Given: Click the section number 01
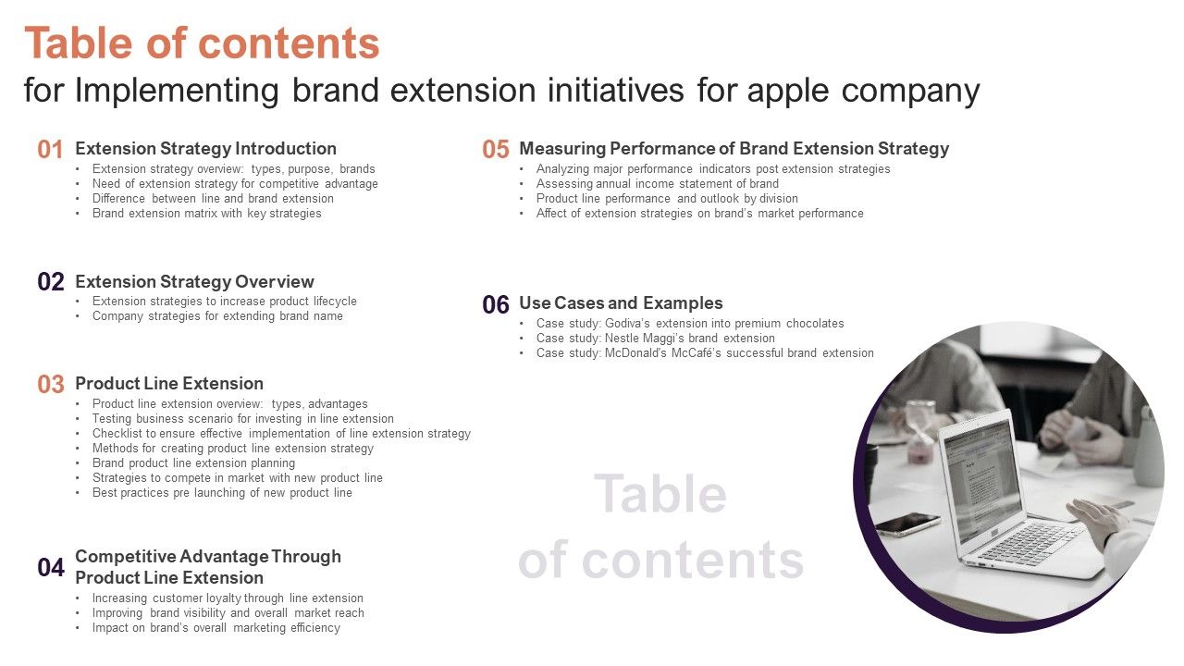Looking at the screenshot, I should click(50, 150).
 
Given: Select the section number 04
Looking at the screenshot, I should click(51, 568).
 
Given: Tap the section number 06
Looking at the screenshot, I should click(496, 304).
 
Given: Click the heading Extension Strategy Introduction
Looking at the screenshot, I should click(205, 148).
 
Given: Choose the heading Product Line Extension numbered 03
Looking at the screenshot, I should click(169, 383).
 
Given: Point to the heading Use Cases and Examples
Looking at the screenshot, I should click(621, 302).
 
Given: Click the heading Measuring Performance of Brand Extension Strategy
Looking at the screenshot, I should click(734, 148).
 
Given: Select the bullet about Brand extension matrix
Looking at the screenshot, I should click(206, 213).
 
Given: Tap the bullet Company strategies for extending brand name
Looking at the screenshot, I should click(217, 315).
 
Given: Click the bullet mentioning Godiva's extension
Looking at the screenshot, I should click(690, 323).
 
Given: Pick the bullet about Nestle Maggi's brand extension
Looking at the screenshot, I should click(655, 338).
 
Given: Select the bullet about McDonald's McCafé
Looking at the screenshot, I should click(705, 352).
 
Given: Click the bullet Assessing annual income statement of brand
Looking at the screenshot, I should click(657, 183).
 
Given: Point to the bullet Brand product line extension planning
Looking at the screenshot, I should click(193, 462).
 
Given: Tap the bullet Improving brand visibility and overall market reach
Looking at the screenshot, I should click(228, 612).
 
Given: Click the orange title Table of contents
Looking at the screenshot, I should click(202, 43).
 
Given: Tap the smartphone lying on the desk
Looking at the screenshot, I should click(906, 524).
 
